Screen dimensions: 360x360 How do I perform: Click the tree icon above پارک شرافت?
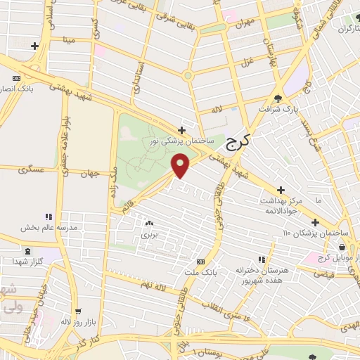[278, 99]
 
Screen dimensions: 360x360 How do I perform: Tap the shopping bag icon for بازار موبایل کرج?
[342, 247]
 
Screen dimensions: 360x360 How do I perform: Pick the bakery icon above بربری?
[149, 224]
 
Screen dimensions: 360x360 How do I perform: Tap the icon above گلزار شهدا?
[27, 250]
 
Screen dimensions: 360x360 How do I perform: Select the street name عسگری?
[32, 170]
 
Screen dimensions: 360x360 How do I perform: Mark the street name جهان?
[90, 174]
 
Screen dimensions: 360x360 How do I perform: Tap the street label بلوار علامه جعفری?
[63, 134]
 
